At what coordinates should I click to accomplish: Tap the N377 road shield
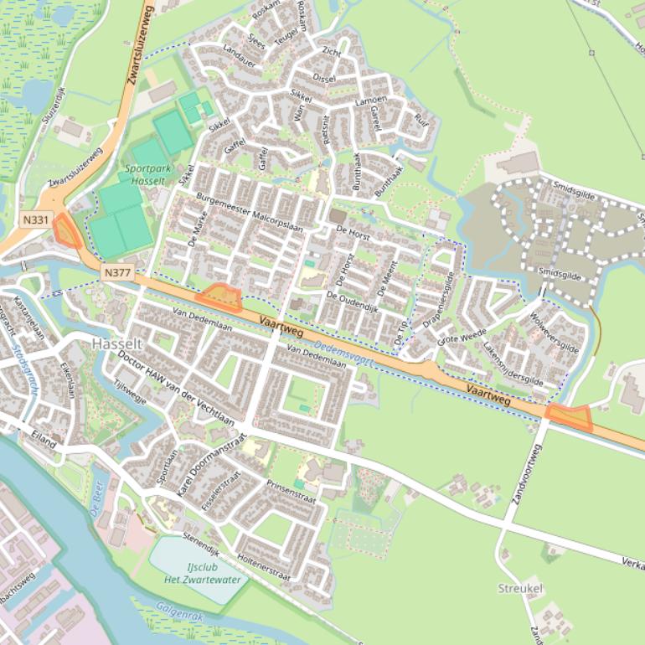(x=118, y=272)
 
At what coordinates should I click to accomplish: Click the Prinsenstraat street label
(x=291, y=492)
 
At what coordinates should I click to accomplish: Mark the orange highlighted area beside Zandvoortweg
(x=569, y=416)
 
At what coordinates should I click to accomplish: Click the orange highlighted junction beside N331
(x=66, y=230)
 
